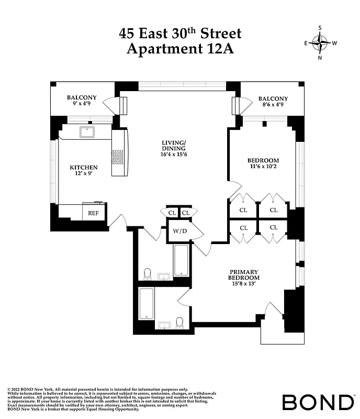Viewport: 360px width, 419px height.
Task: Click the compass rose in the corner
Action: pyautogui.click(x=320, y=43)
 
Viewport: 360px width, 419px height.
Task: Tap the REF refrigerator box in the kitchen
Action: pyautogui.click(x=94, y=213)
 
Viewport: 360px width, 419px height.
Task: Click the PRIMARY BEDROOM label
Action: pyautogui.click(x=244, y=275)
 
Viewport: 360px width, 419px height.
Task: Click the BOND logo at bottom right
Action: pyautogui.click(x=318, y=402)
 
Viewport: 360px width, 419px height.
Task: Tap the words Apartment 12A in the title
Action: pyautogui.click(x=181, y=50)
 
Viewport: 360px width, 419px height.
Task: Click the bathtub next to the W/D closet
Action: pyautogui.click(x=181, y=260)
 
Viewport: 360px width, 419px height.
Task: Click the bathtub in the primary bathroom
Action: pyautogui.click(x=147, y=303)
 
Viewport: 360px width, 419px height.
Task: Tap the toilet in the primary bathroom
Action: pyautogui.click(x=179, y=322)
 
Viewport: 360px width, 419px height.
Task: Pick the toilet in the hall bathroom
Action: pyautogui.click(x=147, y=273)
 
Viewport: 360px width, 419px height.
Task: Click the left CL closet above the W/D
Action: pyautogui.click(x=172, y=213)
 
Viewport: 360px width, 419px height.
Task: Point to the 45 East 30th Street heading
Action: pyautogui.click(x=181, y=34)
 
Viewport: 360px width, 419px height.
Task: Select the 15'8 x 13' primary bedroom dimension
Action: pyautogui.click(x=244, y=285)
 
